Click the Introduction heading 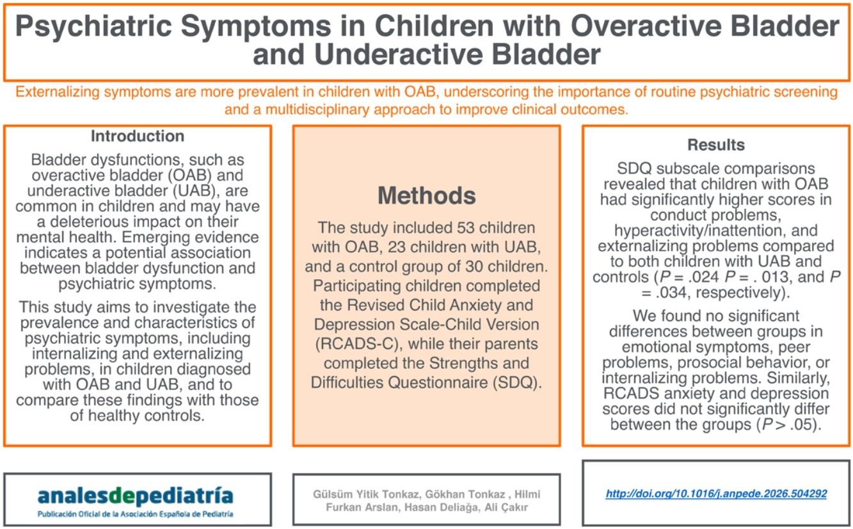[138, 136]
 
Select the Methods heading [426, 195]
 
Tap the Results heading [716, 145]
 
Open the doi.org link [716, 494]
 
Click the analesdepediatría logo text [135, 496]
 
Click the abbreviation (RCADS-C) [357, 344]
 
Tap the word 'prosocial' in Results [712, 362]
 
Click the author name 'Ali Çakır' [506, 508]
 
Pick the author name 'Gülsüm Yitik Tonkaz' [367, 494]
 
